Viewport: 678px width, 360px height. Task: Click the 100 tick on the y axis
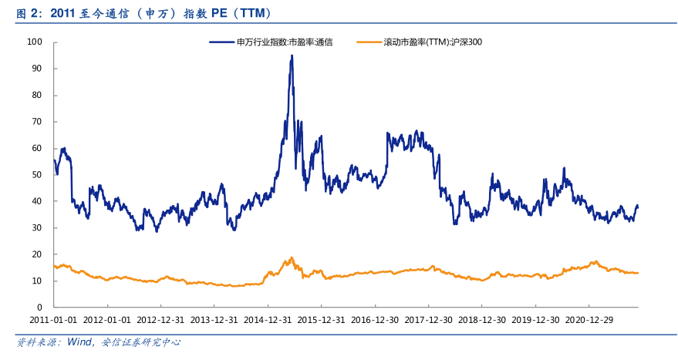(x=34, y=42)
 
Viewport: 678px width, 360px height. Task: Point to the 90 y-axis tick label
(x=36, y=69)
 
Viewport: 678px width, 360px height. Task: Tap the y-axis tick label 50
(x=36, y=175)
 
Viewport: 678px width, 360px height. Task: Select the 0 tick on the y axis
(x=39, y=308)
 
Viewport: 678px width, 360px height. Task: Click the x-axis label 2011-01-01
(x=54, y=319)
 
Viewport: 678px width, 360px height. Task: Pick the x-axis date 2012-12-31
(x=161, y=319)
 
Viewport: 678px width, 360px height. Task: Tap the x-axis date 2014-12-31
(x=268, y=319)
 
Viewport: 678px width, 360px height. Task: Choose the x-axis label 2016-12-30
(x=376, y=319)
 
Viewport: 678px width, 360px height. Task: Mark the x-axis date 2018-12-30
(x=483, y=319)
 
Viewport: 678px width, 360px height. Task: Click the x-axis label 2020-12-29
(x=590, y=319)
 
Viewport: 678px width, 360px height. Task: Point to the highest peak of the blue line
(x=292, y=56)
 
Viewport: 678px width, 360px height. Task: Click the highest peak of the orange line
(x=292, y=257)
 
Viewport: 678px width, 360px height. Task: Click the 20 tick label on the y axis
(x=36, y=254)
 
